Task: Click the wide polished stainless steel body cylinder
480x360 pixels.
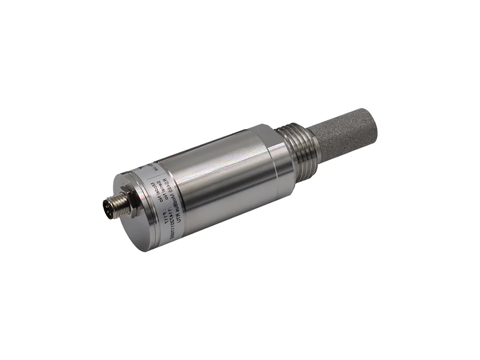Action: [x=226, y=178]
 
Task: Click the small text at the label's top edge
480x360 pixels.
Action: [x=148, y=165]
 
